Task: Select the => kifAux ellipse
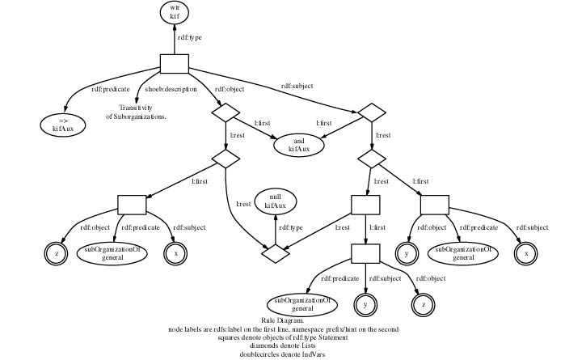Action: [x=63, y=124]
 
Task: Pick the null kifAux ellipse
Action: [x=276, y=201]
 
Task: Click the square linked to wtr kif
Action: [x=174, y=64]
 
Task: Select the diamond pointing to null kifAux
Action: [x=276, y=253]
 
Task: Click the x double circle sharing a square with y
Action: [x=527, y=253]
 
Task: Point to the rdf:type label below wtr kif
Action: [x=190, y=36]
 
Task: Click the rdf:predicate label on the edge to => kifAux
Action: [x=110, y=89]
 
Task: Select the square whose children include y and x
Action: [x=434, y=205]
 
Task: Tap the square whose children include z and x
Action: [x=132, y=205]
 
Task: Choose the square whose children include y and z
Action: [x=365, y=253]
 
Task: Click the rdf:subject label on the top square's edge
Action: [x=297, y=86]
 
